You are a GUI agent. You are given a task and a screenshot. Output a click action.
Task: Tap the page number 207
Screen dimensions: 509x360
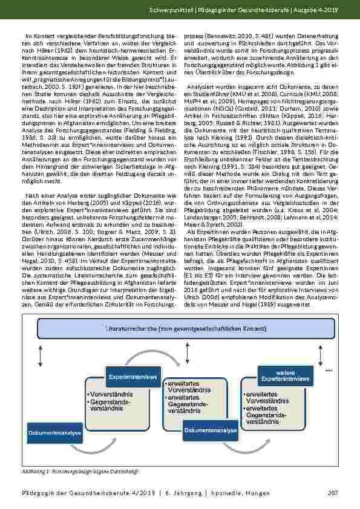pyautogui.click(x=332, y=494)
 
